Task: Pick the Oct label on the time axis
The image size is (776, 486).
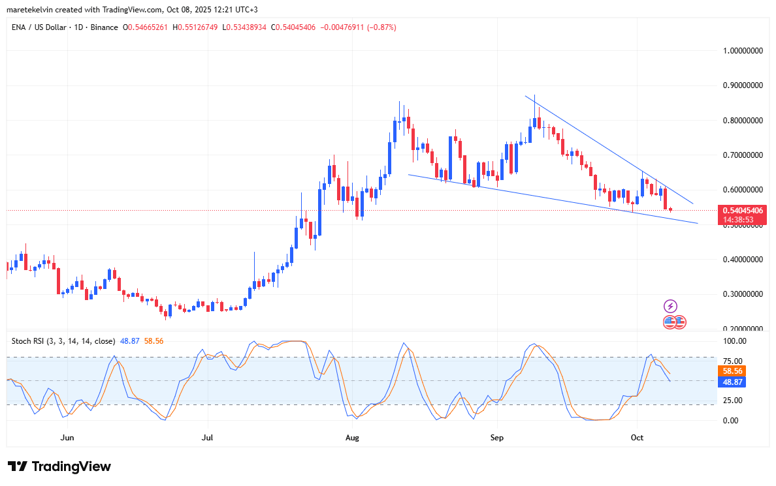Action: [x=637, y=437]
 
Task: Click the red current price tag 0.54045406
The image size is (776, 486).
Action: [x=742, y=211]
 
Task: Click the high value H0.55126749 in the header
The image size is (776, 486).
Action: [x=194, y=27]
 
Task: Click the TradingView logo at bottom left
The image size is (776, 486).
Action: [x=59, y=466]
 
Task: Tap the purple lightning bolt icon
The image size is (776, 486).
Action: [x=670, y=306]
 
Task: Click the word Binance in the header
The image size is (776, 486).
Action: [x=104, y=27]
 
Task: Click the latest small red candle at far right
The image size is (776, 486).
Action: [x=671, y=209]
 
